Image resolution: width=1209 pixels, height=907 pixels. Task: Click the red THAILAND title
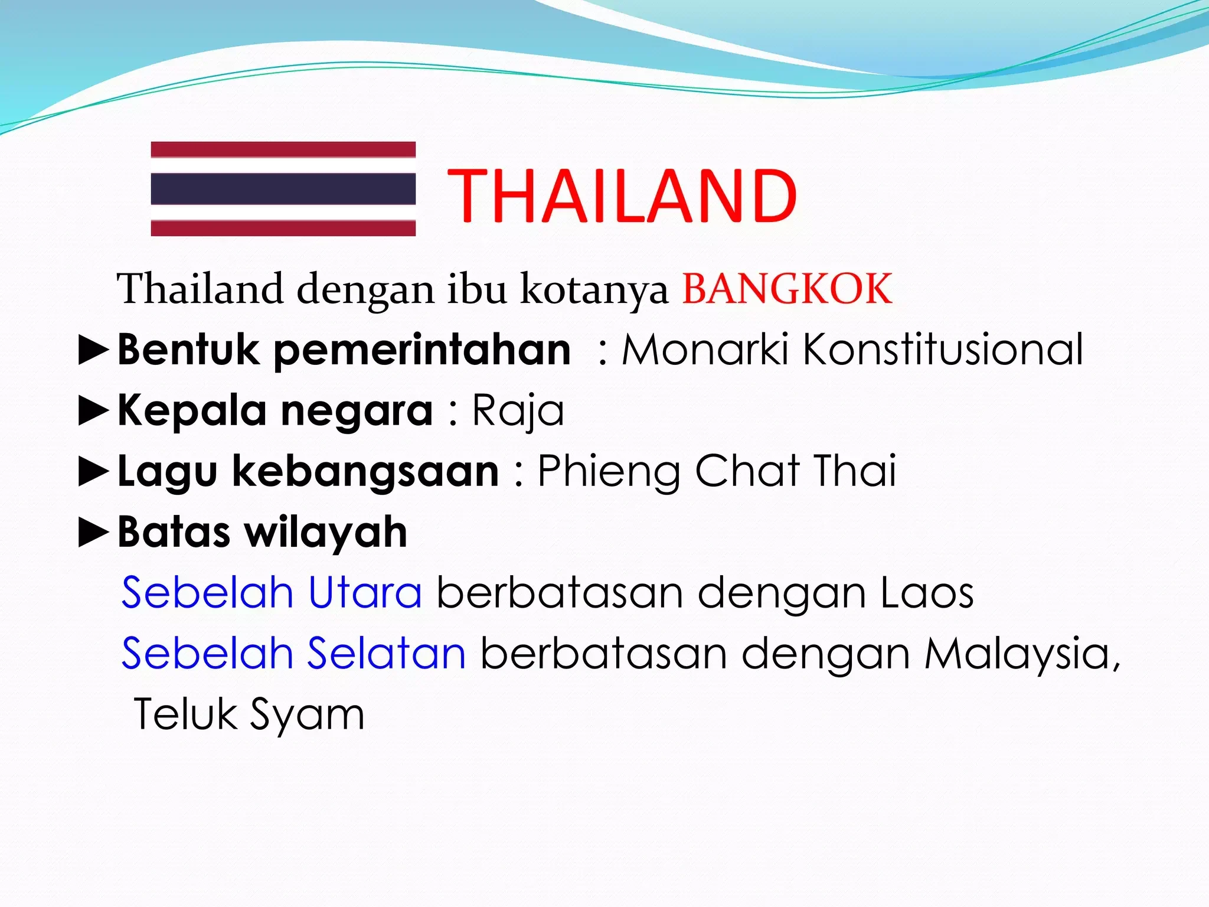pos(622,196)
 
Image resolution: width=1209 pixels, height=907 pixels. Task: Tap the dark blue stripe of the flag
pos(283,189)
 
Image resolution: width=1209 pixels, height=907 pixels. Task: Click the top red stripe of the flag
pos(283,149)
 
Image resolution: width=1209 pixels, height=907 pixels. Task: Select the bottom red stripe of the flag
pos(283,228)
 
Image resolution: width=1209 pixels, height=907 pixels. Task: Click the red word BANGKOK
pos(787,289)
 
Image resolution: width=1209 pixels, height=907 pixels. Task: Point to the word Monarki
pos(705,350)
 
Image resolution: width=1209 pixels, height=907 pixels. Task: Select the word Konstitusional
pos(943,350)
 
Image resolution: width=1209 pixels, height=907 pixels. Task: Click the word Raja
pos(518,411)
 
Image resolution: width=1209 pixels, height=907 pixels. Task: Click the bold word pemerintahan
pos(423,350)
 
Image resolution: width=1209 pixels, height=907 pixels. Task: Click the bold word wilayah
pos(326,533)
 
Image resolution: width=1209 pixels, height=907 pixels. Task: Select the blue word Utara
pos(365,593)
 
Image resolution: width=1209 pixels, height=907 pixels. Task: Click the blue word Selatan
pos(387,654)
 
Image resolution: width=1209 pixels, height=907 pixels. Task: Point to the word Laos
pos(927,593)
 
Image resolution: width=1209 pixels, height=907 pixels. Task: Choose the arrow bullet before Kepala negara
pos(94,411)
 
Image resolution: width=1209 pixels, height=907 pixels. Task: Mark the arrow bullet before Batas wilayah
pos(94,533)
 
